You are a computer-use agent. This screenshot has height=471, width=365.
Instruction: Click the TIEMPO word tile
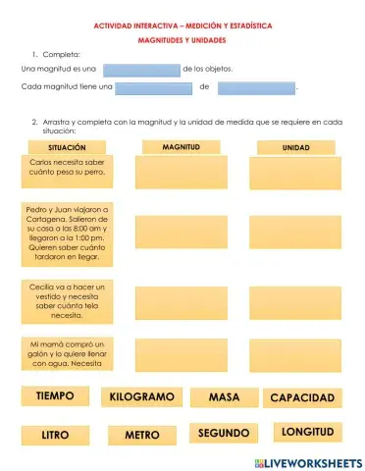[x=55, y=396]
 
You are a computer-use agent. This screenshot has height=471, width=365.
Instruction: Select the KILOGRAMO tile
[x=141, y=397]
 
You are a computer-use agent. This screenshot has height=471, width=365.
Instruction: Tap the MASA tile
[x=225, y=397]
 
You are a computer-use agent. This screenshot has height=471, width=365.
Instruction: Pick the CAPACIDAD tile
[x=303, y=397]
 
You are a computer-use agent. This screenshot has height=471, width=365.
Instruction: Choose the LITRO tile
[x=55, y=434]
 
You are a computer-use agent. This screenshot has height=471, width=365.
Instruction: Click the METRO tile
[x=141, y=434]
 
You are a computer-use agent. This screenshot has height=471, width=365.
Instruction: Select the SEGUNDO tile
[x=224, y=433]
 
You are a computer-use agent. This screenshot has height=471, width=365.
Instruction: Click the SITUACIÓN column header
[x=67, y=147]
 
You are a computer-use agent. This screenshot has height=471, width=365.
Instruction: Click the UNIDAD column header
[x=295, y=147]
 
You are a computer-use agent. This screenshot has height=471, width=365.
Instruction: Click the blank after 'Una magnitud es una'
[x=141, y=70]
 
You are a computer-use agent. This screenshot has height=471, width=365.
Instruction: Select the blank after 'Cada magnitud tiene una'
[x=154, y=88]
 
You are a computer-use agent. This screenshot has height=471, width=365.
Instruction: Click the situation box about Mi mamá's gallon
[x=67, y=354]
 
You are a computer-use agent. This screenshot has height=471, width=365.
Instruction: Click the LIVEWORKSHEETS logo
[x=307, y=461]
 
